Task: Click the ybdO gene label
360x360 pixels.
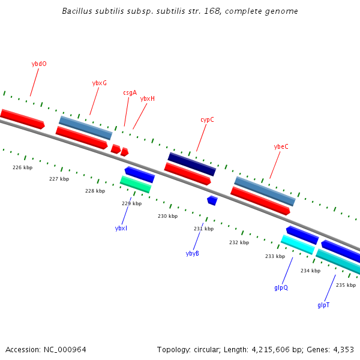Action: point(39,63)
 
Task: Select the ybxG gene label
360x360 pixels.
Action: point(100,83)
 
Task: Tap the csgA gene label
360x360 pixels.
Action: point(130,92)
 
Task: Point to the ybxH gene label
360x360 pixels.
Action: point(148,98)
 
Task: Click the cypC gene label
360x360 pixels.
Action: point(207,119)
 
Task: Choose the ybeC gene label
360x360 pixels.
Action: point(281,146)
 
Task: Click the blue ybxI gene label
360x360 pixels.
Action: point(121,228)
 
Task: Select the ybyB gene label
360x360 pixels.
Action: point(193,253)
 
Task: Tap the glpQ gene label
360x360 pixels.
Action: point(281,287)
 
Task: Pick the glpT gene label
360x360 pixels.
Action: point(323,305)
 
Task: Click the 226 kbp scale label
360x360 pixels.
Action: point(22,167)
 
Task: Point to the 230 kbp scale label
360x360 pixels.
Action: point(167,216)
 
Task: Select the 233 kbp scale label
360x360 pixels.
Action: point(275,256)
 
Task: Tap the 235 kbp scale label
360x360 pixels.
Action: point(346,285)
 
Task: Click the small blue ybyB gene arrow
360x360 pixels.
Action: point(212,200)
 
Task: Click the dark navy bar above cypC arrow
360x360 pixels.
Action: point(191,164)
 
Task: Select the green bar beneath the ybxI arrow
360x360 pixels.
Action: point(136,184)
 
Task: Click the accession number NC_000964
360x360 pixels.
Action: point(65,349)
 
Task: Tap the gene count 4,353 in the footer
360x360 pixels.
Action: point(343,349)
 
